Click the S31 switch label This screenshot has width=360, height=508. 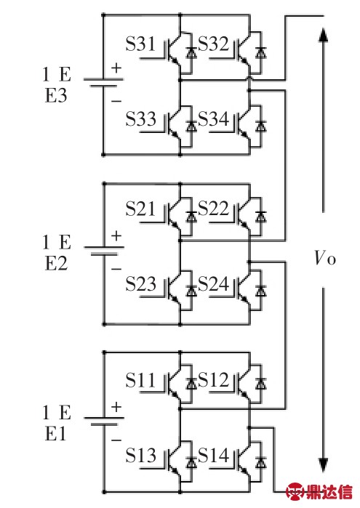140,44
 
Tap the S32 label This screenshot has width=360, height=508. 213,44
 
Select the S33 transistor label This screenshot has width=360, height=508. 141,118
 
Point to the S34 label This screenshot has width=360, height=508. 213,118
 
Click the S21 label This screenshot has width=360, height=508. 140,209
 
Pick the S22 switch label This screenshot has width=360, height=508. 213,209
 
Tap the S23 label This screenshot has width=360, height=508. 141,283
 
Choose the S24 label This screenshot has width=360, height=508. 213,283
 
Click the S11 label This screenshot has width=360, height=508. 140,379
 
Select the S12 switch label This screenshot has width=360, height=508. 213,379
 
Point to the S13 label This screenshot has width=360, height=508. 141,455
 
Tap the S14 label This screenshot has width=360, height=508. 213,455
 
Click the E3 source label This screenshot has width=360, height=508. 56,96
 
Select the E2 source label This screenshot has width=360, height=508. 56,263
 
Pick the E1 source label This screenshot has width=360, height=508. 55,433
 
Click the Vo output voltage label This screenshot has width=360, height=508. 325,258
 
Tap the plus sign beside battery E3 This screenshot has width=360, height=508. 116,68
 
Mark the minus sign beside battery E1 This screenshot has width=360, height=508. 116,440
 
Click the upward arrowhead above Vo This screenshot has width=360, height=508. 322,35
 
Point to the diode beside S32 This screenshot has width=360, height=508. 260,52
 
